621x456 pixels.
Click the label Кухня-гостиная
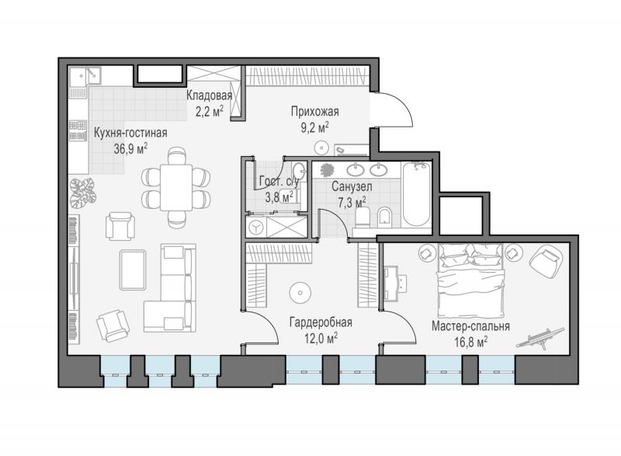tap(130, 133)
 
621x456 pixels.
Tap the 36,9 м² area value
tap(130, 149)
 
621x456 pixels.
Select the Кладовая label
tap(209, 96)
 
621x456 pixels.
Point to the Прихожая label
tap(315, 112)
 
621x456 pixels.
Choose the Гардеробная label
tap(321, 322)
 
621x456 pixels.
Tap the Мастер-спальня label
tap(470, 326)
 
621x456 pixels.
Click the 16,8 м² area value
tap(470, 342)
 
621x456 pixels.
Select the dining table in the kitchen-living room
tap(176, 187)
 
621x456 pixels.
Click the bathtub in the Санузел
tap(417, 194)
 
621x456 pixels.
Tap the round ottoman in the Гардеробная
tap(300, 293)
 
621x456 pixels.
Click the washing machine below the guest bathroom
tap(256, 227)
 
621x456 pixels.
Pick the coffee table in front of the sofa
tap(133, 270)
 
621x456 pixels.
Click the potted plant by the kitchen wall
tap(82, 193)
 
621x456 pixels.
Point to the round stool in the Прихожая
tap(321, 148)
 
